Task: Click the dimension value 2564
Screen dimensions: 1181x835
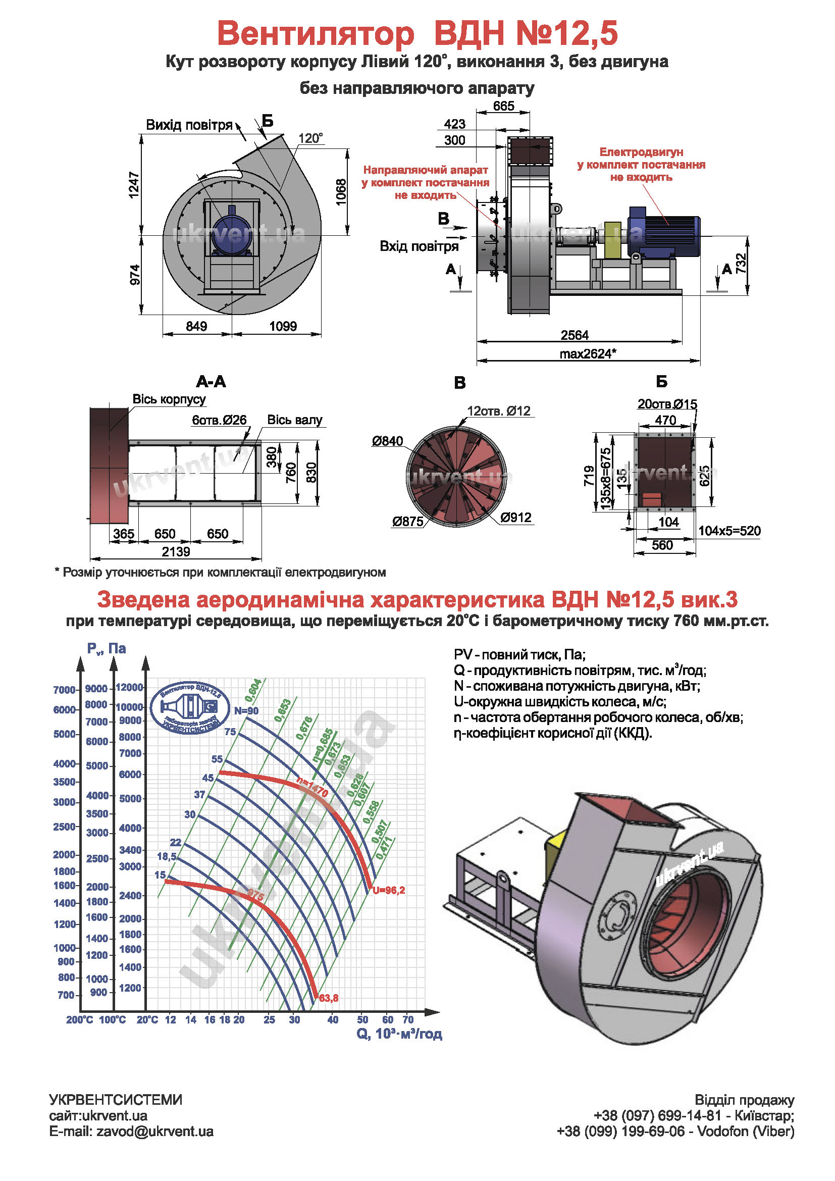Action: [x=575, y=335]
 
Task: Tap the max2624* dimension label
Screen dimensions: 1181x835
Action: [x=587, y=354]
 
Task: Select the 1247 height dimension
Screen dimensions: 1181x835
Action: [x=134, y=185]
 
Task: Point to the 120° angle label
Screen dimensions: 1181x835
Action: [x=310, y=138]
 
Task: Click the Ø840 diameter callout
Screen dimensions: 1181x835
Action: [x=388, y=441]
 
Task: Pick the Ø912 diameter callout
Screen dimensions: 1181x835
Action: [x=516, y=518]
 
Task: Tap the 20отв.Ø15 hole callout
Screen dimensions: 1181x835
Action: [x=667, y=404]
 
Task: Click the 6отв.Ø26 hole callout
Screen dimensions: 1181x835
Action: [x=219, y=420]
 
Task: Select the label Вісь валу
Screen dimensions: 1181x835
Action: [x=294, y=420]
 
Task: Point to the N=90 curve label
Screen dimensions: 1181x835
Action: [x=246, y=711]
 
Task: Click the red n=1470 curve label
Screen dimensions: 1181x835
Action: [x=312, y=788]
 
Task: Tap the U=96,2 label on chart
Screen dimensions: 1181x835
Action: [x=388, y=890]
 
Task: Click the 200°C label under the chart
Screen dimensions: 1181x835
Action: [x=79, y=1019]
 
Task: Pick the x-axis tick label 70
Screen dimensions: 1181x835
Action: [x=408, y=1019]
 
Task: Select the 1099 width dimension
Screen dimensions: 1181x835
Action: [x=283, y=326]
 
